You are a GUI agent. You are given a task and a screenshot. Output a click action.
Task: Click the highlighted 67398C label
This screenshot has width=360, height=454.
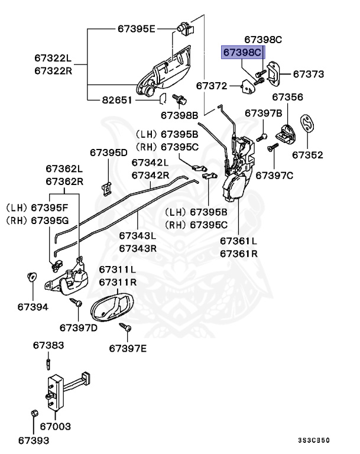242,53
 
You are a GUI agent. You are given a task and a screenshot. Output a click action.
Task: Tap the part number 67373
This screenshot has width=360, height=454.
309,75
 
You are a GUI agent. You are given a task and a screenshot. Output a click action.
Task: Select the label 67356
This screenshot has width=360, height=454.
288,97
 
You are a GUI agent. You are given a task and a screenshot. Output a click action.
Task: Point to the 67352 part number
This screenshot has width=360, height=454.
307,155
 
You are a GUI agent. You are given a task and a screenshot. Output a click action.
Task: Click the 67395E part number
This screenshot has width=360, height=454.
136,28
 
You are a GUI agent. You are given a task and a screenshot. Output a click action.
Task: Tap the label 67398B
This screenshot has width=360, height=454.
179,115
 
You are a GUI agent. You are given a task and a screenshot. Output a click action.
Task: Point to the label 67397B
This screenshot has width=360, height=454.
264,113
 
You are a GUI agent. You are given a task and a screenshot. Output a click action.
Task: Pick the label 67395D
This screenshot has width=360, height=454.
109,153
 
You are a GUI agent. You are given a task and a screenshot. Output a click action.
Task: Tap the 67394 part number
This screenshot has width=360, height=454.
33,307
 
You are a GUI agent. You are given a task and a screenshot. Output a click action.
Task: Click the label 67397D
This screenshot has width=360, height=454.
78,327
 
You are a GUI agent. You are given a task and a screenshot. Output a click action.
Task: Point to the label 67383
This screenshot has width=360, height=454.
48,345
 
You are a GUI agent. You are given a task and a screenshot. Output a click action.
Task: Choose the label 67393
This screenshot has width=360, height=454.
33,440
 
